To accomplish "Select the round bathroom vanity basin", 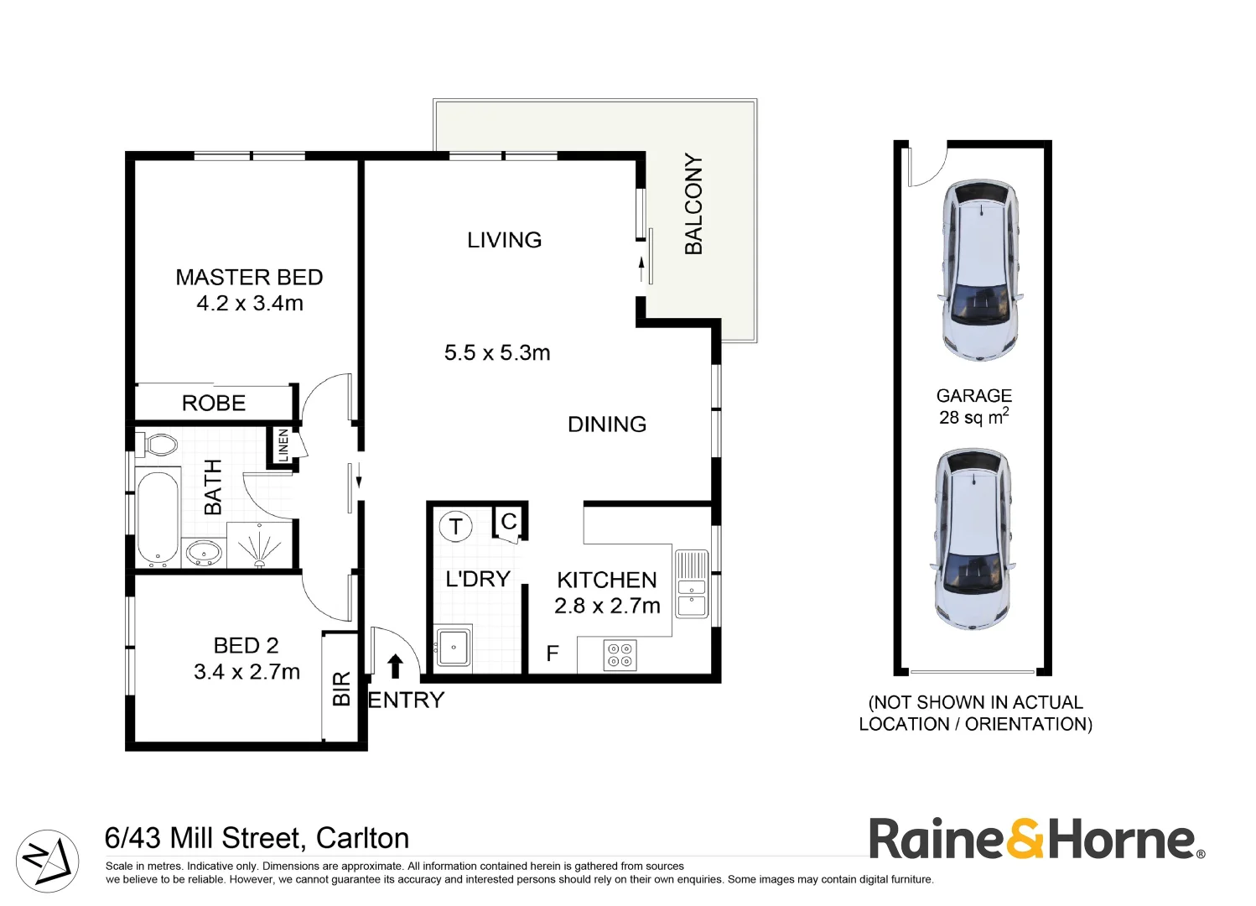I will tap(204, 553).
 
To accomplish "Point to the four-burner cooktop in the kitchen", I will tap(620, 655).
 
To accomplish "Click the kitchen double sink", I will tap(692, 584).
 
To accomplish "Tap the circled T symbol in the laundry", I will tap(456, 527).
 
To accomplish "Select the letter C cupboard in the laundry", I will tap(508, 523).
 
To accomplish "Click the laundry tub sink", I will tap(454, 647).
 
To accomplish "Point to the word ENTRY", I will tap(407, 700).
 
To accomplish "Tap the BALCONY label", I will tap(693, 204).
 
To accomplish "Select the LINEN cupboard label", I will tap(283, 445).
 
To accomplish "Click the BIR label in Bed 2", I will tap(341, 689).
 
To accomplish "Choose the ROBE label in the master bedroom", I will tap(214, 404).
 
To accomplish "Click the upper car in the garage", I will tap(979, 269).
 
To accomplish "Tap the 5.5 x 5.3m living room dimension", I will tap(497, 353).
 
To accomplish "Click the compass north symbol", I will tap(47, 861).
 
